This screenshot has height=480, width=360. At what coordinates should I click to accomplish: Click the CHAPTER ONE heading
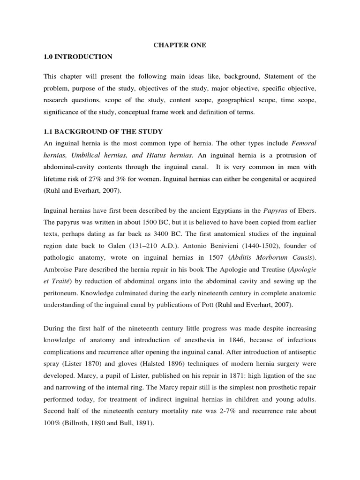180,45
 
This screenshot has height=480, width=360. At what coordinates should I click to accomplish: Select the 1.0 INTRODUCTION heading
78,57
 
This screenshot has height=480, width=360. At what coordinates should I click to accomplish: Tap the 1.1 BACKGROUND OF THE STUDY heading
103,131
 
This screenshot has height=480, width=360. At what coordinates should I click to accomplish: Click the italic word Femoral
304,143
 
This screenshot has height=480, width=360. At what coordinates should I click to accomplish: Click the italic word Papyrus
276,210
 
